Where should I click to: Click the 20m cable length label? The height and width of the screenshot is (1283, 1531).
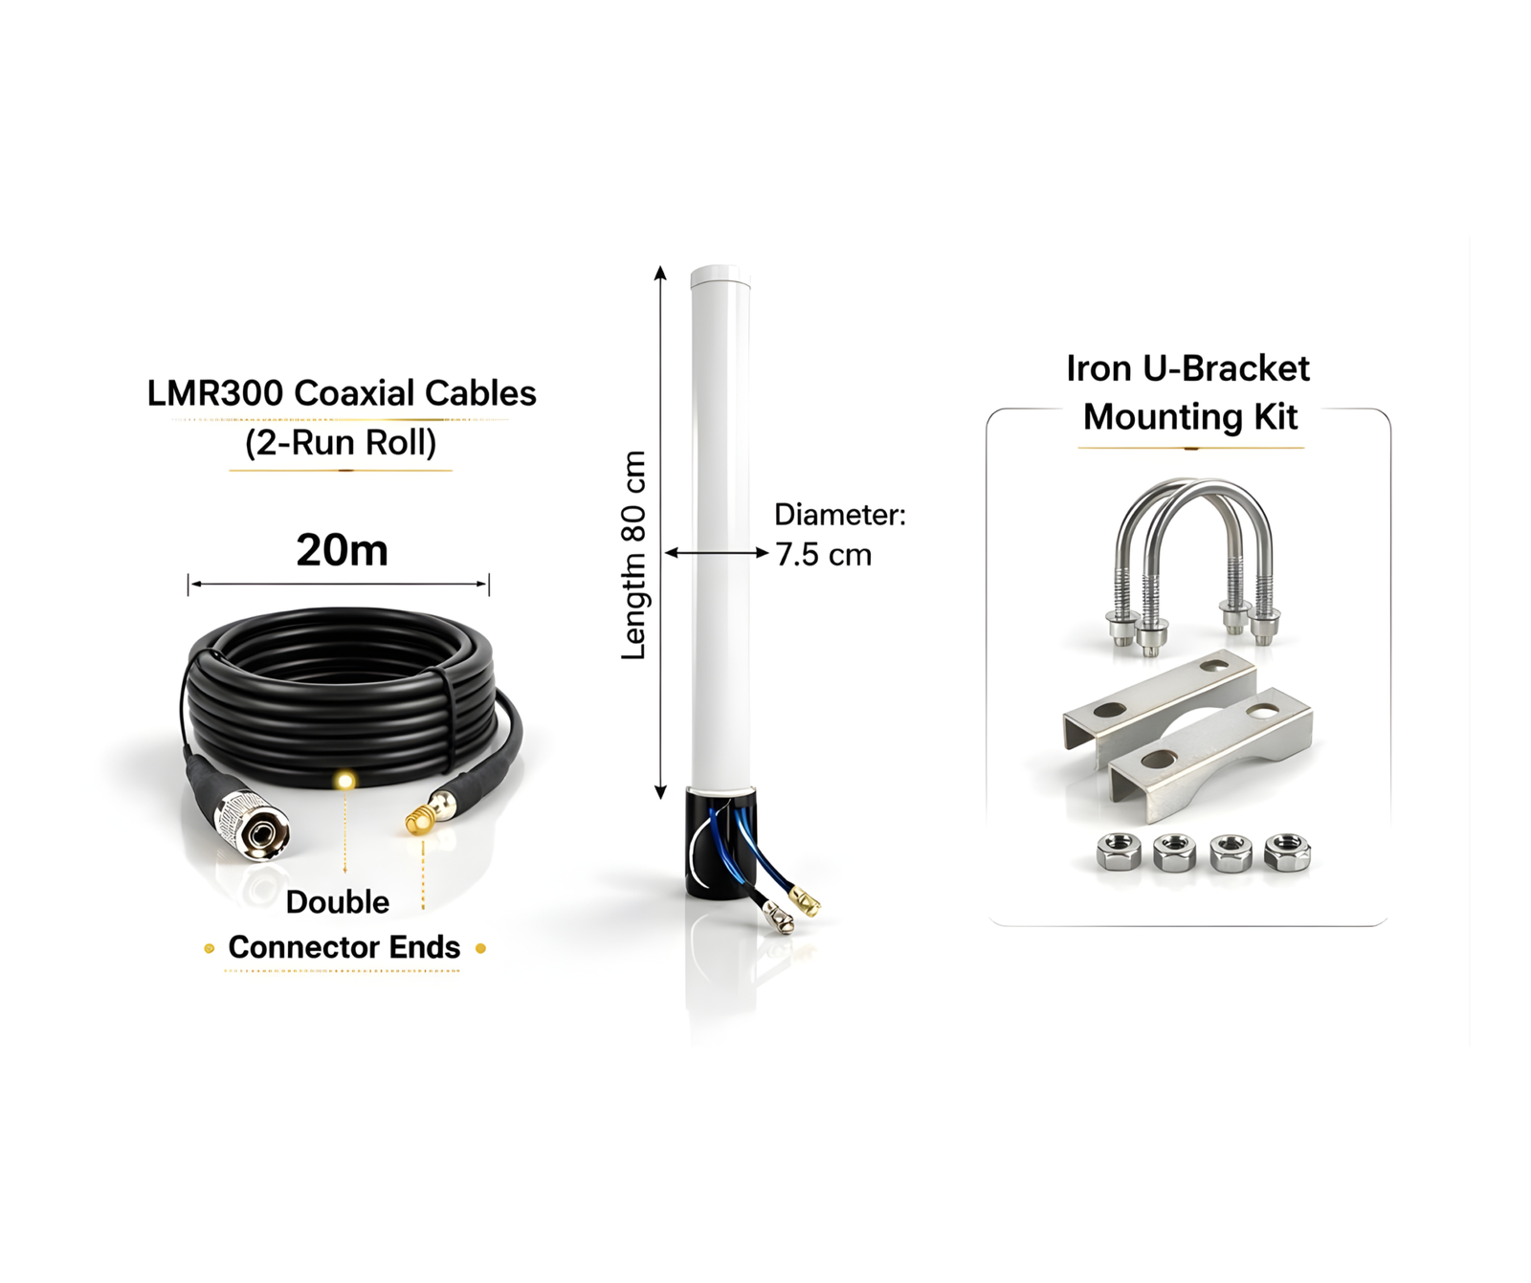[x=342, y=550]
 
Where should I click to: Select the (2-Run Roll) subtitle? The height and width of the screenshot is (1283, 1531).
[x=341, y=443]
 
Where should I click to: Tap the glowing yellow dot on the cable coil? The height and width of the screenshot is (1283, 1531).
[x=344, y=781]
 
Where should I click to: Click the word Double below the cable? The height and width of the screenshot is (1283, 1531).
[x=337, y=902]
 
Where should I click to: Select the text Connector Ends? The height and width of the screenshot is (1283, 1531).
[x=344, y=947]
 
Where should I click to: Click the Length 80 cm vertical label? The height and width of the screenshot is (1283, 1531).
[x=633, y=556]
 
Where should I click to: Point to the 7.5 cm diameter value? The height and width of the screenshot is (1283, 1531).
[x=823, y=555]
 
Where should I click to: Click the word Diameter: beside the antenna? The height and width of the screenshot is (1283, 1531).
[x=840, y=515]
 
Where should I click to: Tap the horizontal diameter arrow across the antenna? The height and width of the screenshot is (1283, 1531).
[x=717, y=552]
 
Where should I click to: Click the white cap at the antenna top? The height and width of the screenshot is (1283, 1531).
[x=721, y=277]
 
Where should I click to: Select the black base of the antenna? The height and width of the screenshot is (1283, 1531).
[x=721, y=842]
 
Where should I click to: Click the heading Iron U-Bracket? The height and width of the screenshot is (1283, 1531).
[x=1187, y=368]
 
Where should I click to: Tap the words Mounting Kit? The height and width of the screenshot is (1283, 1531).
[x=1190, y=417]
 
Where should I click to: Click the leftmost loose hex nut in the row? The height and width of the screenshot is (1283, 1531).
[x=1118, y=852]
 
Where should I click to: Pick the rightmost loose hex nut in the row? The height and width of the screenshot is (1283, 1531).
[x=1287, y=852]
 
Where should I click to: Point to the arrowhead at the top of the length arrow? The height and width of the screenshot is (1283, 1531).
[x=660, y=273]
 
